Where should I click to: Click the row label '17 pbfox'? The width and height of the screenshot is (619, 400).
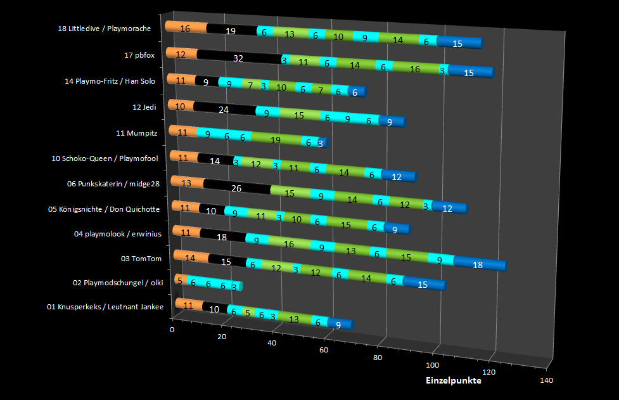139,55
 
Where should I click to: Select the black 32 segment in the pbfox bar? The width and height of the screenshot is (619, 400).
238,58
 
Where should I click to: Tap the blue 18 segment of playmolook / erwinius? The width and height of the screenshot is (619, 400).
478,264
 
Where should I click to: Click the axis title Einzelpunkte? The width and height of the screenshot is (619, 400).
453,381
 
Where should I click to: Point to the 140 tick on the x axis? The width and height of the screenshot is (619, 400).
546,380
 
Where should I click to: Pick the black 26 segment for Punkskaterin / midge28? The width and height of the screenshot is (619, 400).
236,188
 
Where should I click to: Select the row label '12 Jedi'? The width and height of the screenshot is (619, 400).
144,106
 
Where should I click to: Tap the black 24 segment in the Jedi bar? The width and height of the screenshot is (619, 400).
223,109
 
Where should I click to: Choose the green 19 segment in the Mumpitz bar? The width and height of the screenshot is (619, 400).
276,139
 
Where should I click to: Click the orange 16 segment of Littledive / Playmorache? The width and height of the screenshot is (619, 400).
185,29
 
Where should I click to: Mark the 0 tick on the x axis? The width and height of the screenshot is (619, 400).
172,330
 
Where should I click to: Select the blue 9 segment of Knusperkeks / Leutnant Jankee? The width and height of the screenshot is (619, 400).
339,325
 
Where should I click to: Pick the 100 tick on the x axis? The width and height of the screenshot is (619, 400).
433,365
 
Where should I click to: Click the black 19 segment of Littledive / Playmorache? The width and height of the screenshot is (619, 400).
231,30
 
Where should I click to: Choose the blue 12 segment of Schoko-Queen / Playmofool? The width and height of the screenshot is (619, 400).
397,177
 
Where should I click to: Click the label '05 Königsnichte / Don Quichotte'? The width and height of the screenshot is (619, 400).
104,209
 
